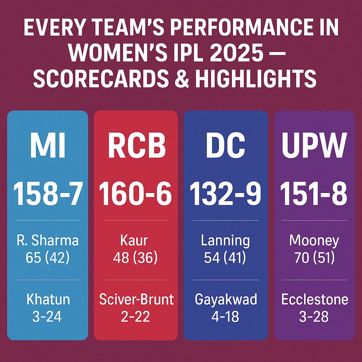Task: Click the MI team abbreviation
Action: click(x=48, y=145)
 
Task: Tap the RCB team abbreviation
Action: click(x=137, y=145)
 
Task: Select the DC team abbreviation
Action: click(x=226, y=145)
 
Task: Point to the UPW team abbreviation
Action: click(x=314, y=145)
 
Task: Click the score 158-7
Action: click(x=48, y=194)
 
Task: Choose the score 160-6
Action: click(x=135, y=194)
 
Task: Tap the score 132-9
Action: click(x=226, y=194)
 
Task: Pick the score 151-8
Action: click(x=314, y=194)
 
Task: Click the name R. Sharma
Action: click(x=48, y=240)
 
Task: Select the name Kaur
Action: click(x=134, y=240)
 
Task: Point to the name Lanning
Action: click(x=225, y=241)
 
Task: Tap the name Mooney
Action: click(x=314, y=241)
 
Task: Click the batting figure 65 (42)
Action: click(x=48, y=258)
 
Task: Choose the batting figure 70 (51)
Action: click(x=315, y=258)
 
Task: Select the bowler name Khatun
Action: click(x=48, y=299)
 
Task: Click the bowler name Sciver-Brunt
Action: click(x=136, y=299)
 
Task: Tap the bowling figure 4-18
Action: click(x=225, y=316)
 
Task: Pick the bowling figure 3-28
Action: click(x=314, y=316)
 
